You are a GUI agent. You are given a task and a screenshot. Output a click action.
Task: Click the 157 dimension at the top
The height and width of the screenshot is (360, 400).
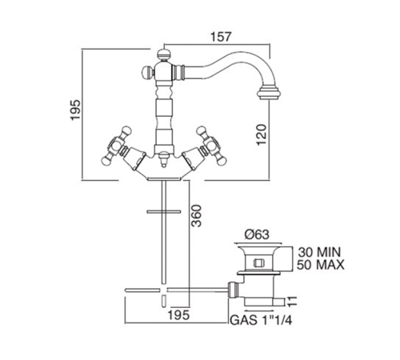221,37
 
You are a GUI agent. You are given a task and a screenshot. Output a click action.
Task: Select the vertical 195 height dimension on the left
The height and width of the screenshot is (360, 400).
75,110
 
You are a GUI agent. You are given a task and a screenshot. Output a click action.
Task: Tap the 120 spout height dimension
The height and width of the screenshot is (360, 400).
262,134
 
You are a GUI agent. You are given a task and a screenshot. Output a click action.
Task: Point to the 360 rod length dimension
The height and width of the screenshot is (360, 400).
197,216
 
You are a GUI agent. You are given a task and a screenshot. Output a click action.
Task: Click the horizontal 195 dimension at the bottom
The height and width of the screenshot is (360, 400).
179,315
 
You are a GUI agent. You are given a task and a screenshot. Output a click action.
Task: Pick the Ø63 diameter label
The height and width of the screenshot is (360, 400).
257,234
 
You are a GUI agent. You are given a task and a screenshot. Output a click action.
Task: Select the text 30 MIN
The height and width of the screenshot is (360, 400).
319,252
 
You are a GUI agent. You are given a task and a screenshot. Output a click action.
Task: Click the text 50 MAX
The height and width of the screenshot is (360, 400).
321,265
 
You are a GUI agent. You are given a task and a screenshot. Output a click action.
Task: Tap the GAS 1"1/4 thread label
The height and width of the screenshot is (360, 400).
261,320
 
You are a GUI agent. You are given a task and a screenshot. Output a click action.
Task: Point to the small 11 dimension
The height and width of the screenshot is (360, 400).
293,302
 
